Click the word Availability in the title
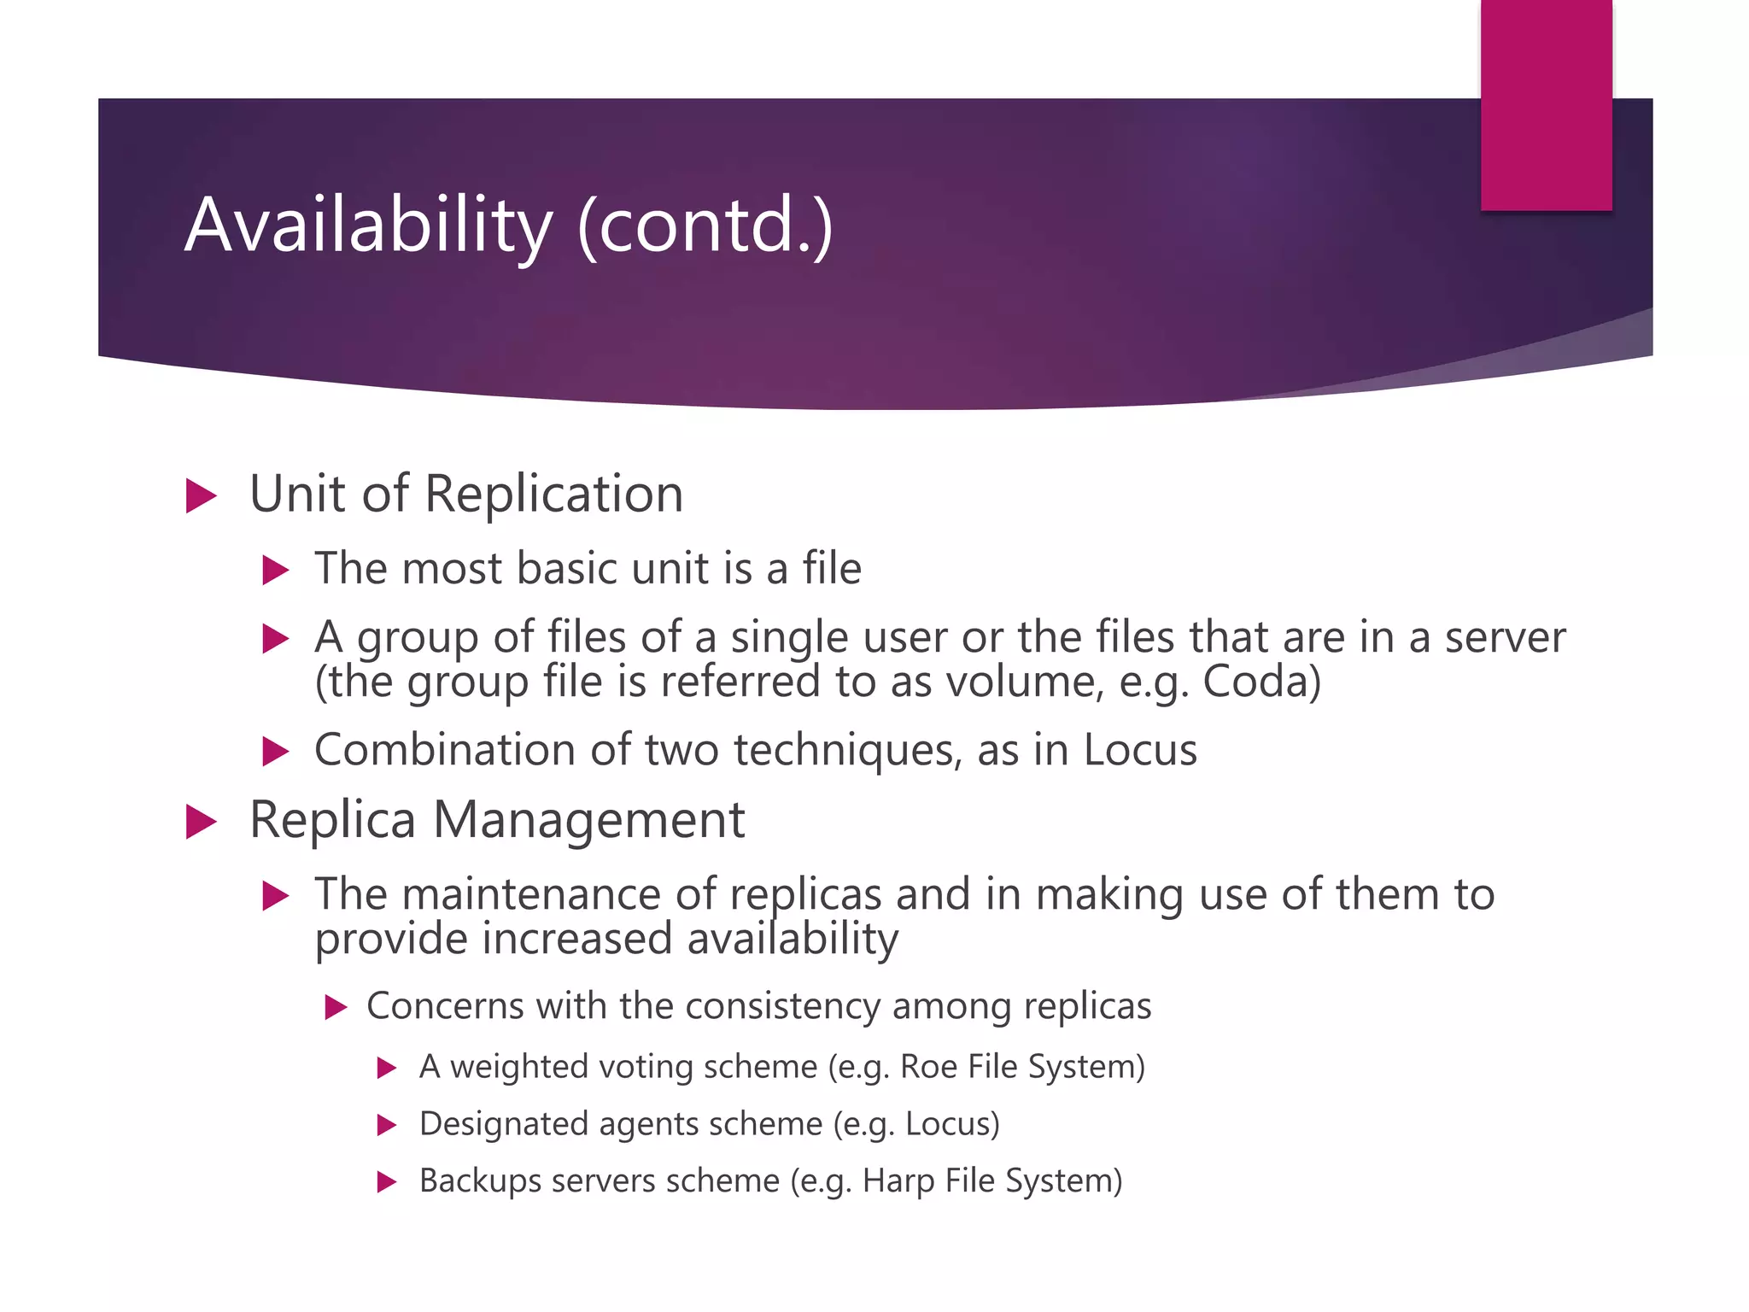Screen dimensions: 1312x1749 (368, 225)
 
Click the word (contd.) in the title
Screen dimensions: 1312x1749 (705, 225)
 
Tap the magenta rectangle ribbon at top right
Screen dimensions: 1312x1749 (1546, 102)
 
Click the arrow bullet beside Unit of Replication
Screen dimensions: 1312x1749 (201, 496)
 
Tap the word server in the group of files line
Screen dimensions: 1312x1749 (1505, 637)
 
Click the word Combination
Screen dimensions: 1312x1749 (445, 750)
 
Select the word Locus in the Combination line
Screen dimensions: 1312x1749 (1140, 750)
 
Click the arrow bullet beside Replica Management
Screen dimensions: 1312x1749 (201, 822)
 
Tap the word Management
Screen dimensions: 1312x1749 (588, 820)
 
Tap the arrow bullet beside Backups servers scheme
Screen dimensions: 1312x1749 (387, 1182)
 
